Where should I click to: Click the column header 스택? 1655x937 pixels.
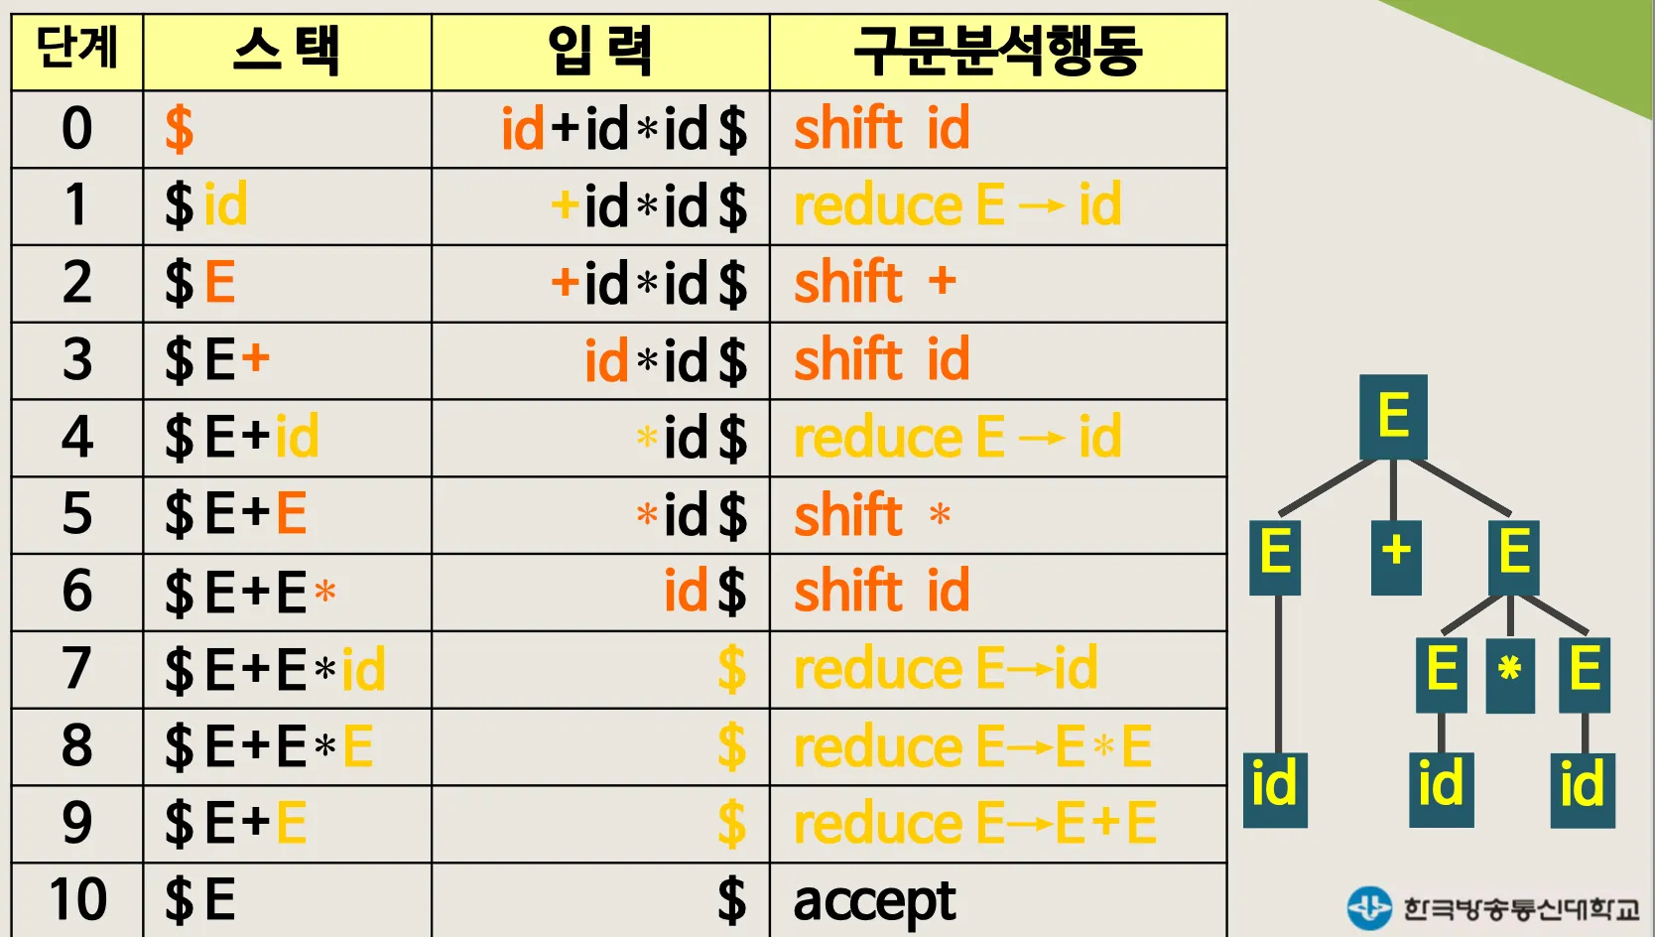coord(287,52)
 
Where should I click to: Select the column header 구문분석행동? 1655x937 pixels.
coord(997,52)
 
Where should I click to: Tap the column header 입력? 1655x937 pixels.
coord(600,52)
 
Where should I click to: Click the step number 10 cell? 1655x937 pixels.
coord(77,899)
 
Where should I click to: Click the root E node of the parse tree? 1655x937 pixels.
coord(1393,415)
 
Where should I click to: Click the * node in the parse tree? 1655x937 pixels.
coord(1510,671)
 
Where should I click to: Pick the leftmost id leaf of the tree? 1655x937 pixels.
coord(1274,786)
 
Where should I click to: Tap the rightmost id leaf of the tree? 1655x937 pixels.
coord(1582,786)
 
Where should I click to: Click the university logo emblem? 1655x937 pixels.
coord(1369,907)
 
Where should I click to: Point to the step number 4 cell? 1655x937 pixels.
coord(77,437)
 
